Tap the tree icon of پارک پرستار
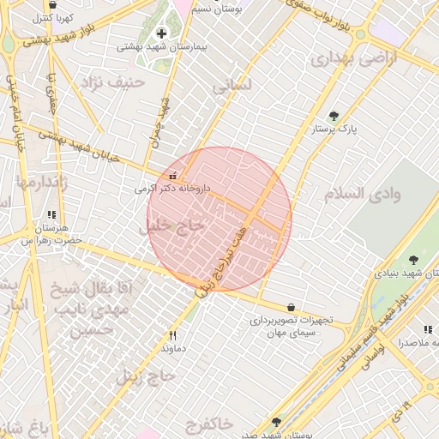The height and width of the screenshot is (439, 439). click(334, 116)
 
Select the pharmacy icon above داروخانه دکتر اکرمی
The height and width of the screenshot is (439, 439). click(173, 176)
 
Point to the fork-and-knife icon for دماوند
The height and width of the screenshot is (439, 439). click(173, 335)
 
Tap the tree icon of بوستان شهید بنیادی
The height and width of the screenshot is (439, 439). click(415, 259)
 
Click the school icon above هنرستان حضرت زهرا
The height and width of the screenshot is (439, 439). click(51, 215)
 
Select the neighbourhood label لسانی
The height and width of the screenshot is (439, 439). click(232, 87)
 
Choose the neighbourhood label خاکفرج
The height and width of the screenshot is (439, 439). click(207, 423)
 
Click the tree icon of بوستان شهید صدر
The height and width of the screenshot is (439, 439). click(276, 421)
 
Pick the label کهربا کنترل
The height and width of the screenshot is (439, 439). click(55, 17)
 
